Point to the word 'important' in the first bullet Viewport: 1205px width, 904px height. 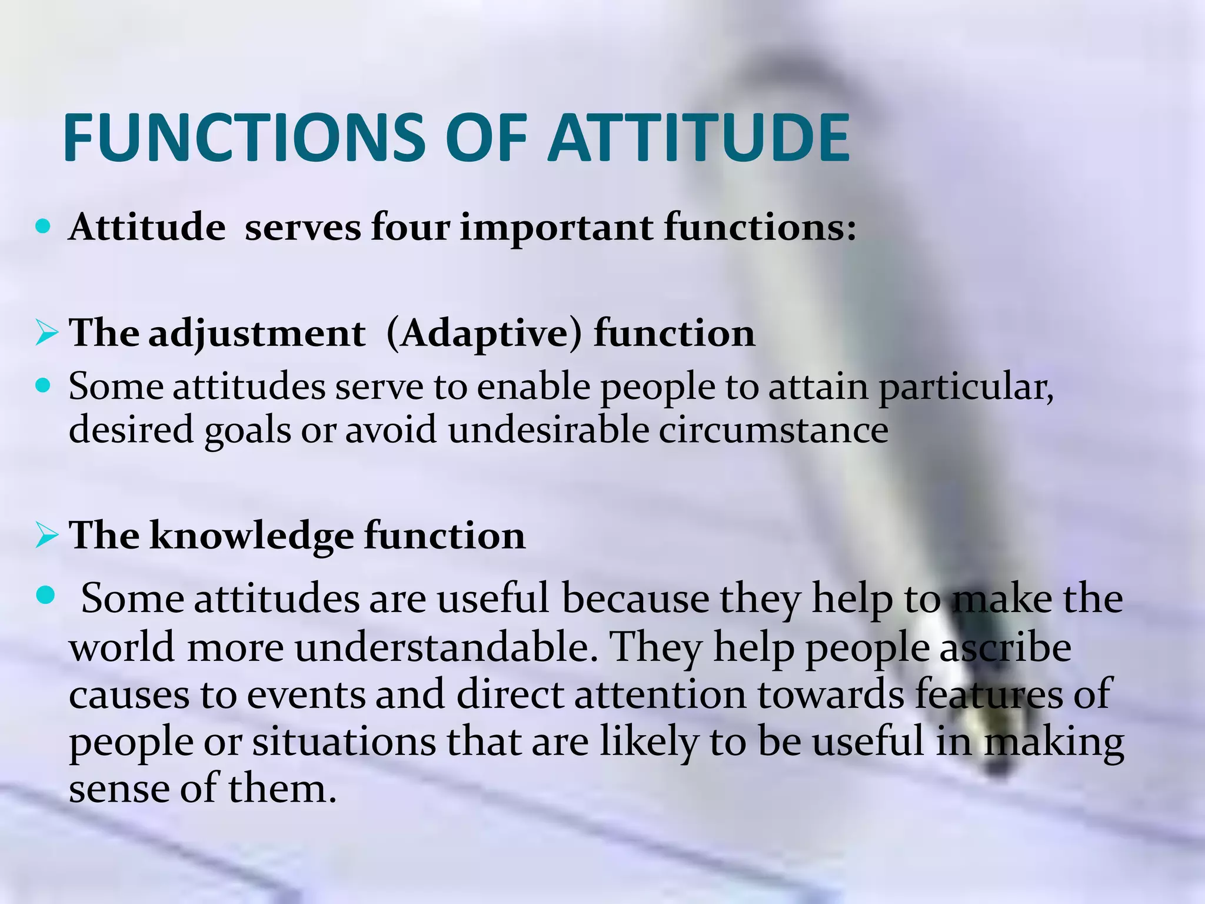click(x=556, y=228)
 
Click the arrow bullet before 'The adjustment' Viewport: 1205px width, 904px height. click(x=46, y=334)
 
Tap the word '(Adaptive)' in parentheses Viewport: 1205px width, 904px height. click(x=484, y=334)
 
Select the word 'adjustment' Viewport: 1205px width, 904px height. click(x=257, y=334)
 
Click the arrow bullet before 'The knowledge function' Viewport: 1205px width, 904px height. click(x=46, y=536)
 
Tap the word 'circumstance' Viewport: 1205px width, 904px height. click(x=773, y=430)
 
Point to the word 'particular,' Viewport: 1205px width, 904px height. click(x=966, y=388)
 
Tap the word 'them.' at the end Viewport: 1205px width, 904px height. click(x=282, y=789)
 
